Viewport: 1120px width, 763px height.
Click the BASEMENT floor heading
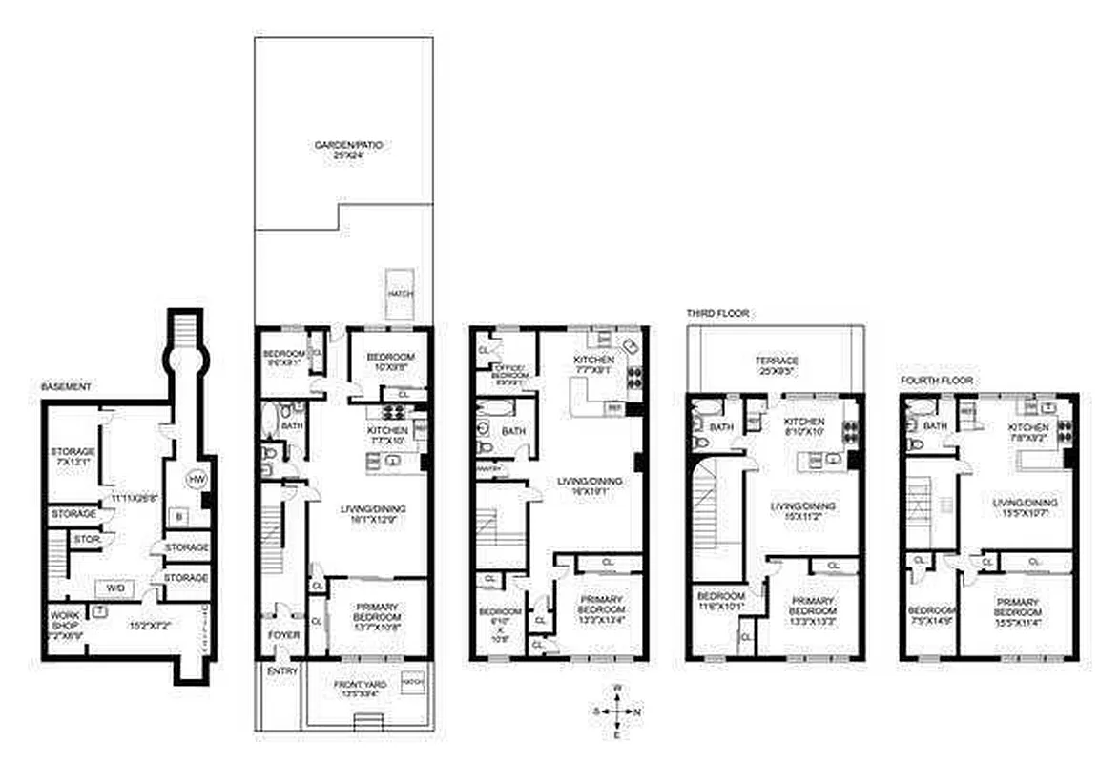pyautogui.click(x=67, y=387)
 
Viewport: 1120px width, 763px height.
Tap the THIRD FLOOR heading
pyautogui.click(x=717, y=313)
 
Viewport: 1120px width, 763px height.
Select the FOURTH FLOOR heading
pyautogui.click(x=937, y=380)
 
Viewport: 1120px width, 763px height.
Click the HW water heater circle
pyautogui.click(x=197, y=479)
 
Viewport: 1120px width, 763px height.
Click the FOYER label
pyautogui.click(x=282, y=635)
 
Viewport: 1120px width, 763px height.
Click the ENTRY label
pyautogui.click(x=282, y=671)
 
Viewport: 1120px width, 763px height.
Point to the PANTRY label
pyautogui.click(x=488, y=468)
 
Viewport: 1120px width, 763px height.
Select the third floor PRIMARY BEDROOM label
pyautogui.click(x=813, y=606)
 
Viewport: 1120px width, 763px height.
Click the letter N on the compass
pyautogui.click(x=638, y=712)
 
